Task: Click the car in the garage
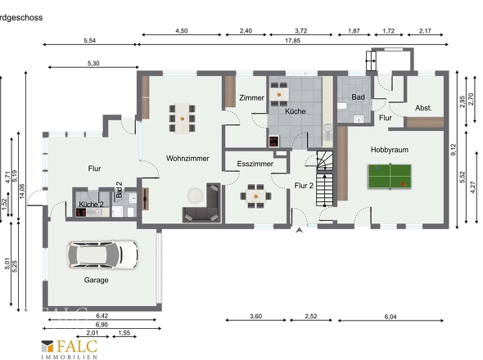(x=103, y=255)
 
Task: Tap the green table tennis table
(x=390, y=177)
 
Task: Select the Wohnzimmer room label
(x=187, y=158)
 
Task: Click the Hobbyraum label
(x=390, y=150)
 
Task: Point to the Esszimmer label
(x=255, y=164)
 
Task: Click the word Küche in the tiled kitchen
(x=295, y=111)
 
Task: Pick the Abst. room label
(x=423, y=108)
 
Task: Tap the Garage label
(x=96, y=280)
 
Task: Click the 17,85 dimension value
(x=292, y=41)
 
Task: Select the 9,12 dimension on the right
(x=454, y=150)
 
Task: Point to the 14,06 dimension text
(x=21, y=191)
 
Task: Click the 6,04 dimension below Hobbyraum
(x=390, y=317)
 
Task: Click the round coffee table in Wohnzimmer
(x=196, y=196)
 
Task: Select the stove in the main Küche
(x=274, y=142)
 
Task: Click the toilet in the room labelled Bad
(x=342, y=106)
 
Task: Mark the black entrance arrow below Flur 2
(x=299, y=230)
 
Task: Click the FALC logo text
(x=77, y=346)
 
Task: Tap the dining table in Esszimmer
(x=255, y=196)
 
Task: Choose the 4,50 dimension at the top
(x=182, y=31)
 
